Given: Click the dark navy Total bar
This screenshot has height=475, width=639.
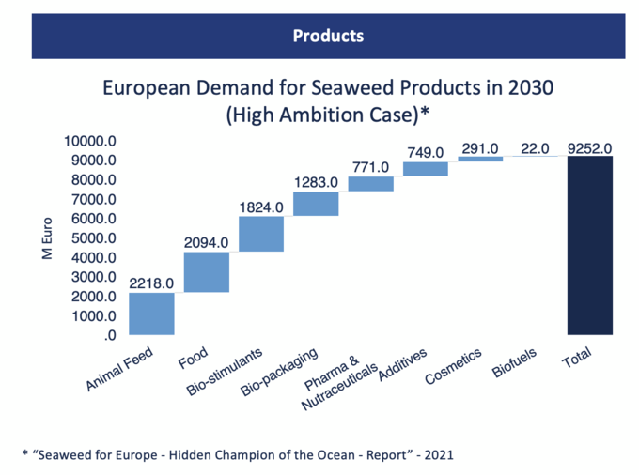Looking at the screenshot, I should (590, 245).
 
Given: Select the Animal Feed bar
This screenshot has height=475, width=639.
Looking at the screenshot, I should (151, 314).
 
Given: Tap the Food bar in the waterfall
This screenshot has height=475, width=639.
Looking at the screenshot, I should (207, 272).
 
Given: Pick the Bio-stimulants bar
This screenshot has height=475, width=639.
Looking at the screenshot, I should (261, 234).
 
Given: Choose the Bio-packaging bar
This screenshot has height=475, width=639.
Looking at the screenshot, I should (316, 204).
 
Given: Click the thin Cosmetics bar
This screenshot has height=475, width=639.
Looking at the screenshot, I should (480, 159).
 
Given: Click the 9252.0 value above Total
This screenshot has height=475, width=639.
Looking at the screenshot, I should (590, 147).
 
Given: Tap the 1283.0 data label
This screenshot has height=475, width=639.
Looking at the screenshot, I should (316, 180).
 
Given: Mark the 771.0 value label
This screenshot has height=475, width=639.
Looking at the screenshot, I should (370, 166).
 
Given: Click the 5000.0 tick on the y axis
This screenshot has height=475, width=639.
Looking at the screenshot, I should (92, 238).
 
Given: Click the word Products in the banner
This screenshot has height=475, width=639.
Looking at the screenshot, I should (328, 37).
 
